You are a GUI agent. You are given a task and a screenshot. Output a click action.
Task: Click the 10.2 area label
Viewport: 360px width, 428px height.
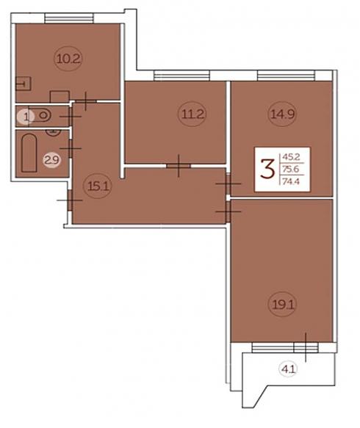tap(68, 59)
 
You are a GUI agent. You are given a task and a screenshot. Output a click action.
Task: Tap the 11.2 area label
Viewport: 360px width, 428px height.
tap(192, 114)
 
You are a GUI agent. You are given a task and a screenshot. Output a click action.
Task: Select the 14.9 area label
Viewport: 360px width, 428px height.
tap(282, 114)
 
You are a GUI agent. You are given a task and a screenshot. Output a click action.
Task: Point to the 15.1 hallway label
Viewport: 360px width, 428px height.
tap(98, 186)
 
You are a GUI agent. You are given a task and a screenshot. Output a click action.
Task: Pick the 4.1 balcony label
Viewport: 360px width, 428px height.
tap(289, 369)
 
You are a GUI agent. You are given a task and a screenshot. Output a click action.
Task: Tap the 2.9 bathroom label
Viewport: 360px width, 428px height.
tap(52, 160)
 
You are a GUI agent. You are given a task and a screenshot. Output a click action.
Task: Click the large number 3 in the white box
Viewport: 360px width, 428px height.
tap(267, 170)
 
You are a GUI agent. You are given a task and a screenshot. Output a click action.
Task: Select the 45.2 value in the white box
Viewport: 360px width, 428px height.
tap(291, 157)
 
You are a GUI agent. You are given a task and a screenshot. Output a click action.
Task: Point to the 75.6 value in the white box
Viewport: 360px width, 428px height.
tap(291, 170)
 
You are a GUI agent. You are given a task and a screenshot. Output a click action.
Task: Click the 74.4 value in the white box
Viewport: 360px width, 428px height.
tap(291, 181)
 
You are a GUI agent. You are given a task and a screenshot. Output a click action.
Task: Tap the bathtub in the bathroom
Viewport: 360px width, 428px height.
tap(29, 153)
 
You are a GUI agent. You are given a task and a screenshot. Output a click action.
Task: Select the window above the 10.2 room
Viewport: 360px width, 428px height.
tap(68, 19)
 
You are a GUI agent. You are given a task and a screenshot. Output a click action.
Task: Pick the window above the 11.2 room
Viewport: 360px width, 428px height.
tap(181, 76)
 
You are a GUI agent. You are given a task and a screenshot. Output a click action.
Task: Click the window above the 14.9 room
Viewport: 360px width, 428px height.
tap(287, 76)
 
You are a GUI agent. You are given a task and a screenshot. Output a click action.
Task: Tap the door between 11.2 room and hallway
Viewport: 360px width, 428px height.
tap(179, 166)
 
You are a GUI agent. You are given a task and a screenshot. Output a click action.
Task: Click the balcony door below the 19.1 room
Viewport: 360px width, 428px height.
tap(306, 347)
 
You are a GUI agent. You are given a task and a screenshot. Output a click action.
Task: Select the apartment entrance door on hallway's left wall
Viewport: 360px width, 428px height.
tap(70, 200)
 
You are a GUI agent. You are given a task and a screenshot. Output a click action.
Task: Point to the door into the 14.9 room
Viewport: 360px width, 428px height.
tap(228, 184)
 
